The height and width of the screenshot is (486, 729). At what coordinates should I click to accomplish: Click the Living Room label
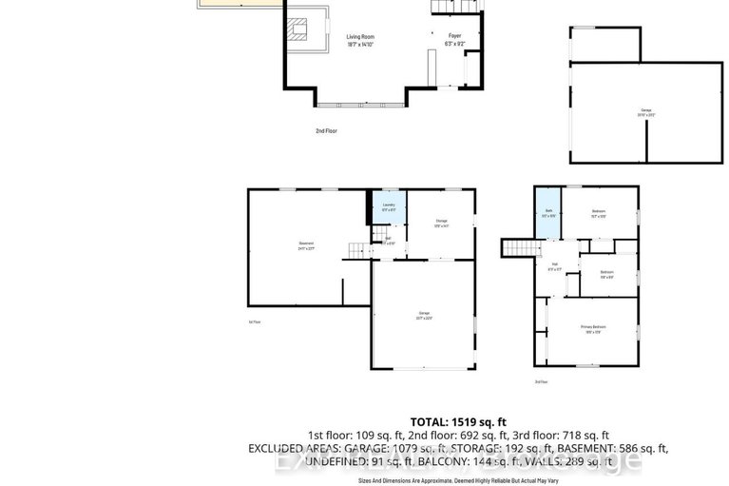(360, 37)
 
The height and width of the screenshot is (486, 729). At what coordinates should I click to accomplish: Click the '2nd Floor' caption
(327, 130)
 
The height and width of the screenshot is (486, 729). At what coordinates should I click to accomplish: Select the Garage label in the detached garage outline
(646, 110)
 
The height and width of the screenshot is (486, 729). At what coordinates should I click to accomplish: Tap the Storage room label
(440, 222)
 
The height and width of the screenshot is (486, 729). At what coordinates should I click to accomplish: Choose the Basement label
(305, 244)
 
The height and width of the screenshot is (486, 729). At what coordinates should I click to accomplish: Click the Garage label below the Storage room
(423, 315)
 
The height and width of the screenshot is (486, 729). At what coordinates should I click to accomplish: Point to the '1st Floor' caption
(254, 321)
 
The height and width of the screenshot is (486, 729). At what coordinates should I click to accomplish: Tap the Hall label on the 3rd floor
(554, 265)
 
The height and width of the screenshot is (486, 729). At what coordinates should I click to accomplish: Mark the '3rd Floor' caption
(541, 381)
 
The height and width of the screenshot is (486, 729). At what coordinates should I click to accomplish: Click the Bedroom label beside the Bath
(598, 211)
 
